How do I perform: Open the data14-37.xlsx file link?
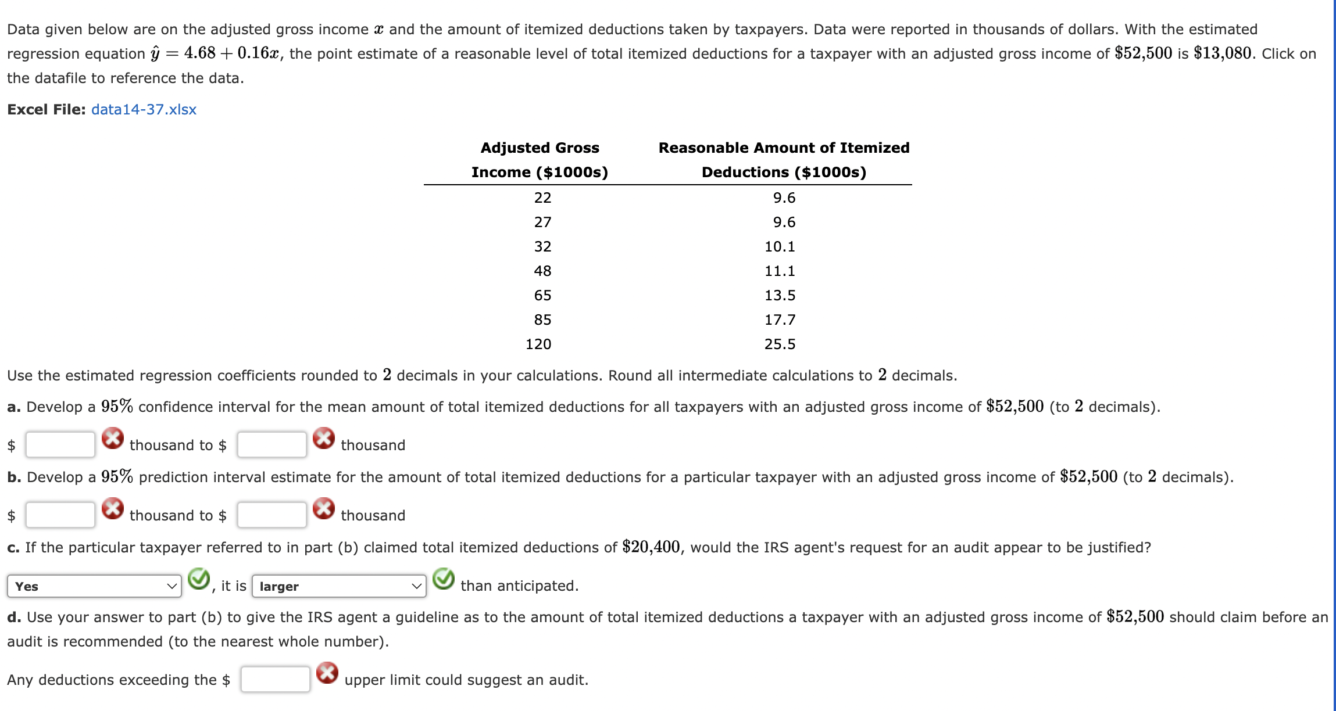click(144, 110)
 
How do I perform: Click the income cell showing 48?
click(542, 271)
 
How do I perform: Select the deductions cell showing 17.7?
click(780, 320)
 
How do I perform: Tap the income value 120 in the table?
click(538, 344)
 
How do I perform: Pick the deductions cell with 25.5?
click(780, 344)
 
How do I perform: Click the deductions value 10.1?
click(780, 247)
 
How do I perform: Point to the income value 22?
click(542, 198)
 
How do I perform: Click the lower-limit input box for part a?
click(60, 445)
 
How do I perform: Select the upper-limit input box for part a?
click(272, 445)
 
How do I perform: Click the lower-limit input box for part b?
click(60, 515)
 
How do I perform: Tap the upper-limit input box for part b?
click(272, 515)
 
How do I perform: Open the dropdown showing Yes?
click(94, 586)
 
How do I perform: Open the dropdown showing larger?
click(339, 586)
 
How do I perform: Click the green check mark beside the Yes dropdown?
click(199, 579)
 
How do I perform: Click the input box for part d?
click(275, 680)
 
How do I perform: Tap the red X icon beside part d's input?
click(327, 673)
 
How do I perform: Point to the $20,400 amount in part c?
click(651, 547)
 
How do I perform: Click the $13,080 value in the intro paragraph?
click(1222, 53)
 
